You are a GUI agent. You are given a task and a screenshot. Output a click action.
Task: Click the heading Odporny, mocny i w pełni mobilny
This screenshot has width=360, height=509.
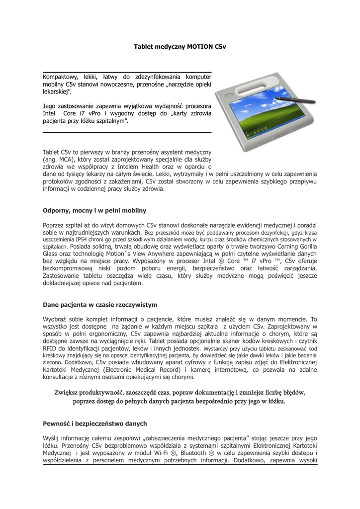pyautogui.click(x=94, y=210)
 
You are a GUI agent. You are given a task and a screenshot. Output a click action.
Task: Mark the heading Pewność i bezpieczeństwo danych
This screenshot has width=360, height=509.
pyautogui.click(x=94, y=423)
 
